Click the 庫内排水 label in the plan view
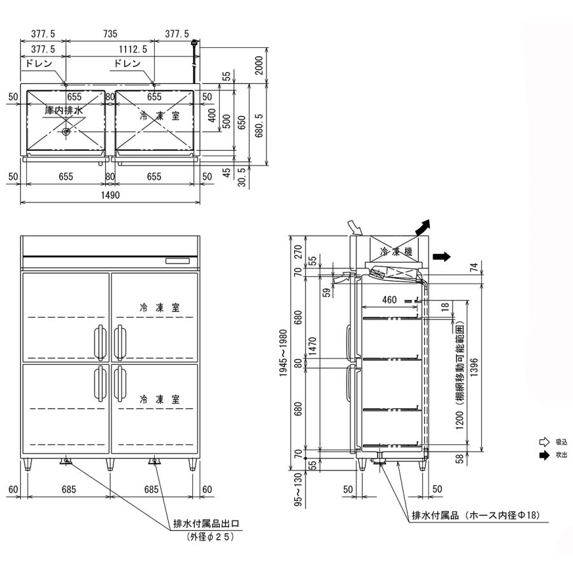click(64, 111)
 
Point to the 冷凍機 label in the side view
click(396, 251)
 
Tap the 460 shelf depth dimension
click(390, 299)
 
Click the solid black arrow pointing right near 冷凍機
click(441, 257)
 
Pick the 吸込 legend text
click(561, 441)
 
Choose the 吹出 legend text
click(561, 455)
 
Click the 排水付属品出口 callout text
click(206, 525)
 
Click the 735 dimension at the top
click(110, 34)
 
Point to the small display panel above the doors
click(181, 261)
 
